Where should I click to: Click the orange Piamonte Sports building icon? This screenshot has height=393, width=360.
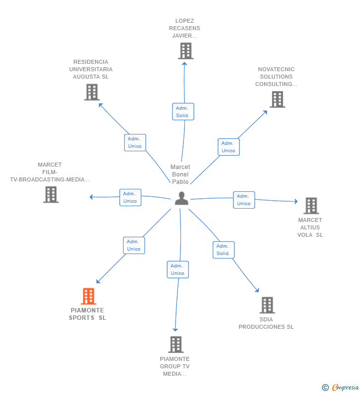tap(89, 296)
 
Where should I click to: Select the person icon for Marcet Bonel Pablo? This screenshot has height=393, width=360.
tap(181, 199)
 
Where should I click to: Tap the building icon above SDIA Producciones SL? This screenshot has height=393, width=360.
tap(267, 305)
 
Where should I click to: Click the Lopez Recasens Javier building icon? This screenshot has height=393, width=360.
tap(186, 51)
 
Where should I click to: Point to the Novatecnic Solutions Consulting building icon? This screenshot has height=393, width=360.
tap(277, 99)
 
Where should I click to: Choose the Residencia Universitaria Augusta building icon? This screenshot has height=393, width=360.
tap(92, 92)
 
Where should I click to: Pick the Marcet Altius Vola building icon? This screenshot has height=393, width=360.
tap(311, 206)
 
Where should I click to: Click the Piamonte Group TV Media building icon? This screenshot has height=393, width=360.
tap(176, 345)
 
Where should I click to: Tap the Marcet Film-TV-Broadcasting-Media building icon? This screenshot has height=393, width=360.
tap(51, 194)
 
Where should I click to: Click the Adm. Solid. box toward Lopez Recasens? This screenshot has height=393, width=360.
tap(183, 112)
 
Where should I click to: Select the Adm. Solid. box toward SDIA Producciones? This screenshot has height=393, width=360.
tap(224, 250)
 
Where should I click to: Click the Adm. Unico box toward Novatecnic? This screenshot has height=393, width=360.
tap(228, 147)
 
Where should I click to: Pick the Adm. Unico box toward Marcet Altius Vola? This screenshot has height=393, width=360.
tap(244, 200)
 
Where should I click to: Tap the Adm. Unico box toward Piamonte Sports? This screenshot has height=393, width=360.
tap(134, 245)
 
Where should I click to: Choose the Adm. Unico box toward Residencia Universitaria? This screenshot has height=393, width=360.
tap(135, 142)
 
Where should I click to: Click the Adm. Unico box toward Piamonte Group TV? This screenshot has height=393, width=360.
tap(178, 269)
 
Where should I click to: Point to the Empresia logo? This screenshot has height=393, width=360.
tap(345, 387)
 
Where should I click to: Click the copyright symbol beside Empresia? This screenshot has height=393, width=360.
tap(325, 388)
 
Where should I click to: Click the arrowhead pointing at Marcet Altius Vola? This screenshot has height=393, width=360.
tap(296, 201)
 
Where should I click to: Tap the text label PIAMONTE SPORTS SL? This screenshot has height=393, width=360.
tap(88, 314)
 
